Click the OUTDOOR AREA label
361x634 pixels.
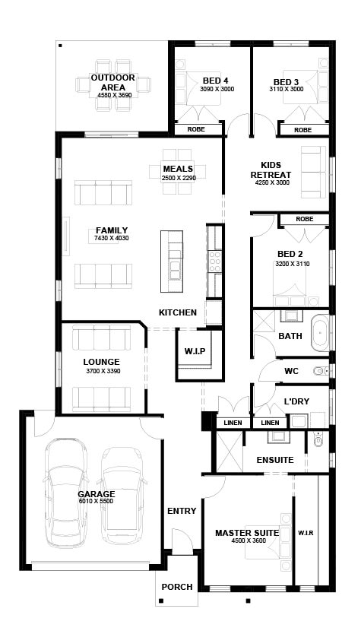point(113,82)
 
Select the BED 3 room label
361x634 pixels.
point(286,82)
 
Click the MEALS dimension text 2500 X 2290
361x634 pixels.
point(179,178)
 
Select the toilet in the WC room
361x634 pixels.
point(319,371)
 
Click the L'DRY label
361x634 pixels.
point(295,401)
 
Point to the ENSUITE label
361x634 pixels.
point(274,460)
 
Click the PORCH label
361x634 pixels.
point(177,587)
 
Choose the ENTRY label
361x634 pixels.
point(182,511)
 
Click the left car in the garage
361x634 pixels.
point(69,487)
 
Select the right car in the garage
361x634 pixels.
point(122,490)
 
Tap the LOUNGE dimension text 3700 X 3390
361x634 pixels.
point(103,371)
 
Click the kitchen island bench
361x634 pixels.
point(175,260)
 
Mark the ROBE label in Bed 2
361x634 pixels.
point(305,219)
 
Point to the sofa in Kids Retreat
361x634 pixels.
point(310,169)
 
